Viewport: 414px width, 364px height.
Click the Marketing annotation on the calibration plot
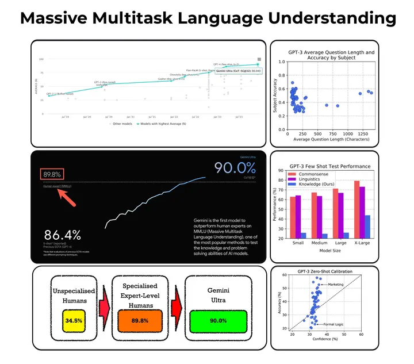tap(337, 285)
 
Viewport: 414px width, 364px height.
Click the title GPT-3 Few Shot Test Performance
tap(330, 166)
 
